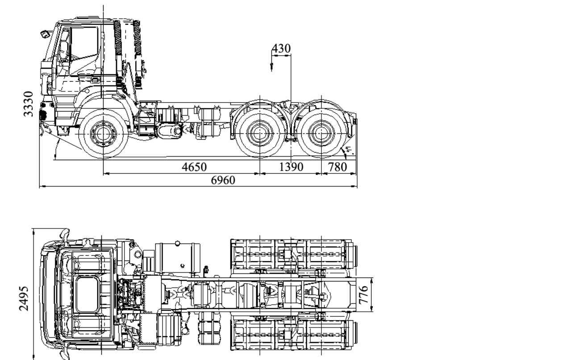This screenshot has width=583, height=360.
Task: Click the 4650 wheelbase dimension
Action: (x=194, y=167)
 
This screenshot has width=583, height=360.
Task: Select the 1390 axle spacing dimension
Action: (x=291, y=167)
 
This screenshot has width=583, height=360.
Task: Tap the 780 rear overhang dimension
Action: (x=337, y=167)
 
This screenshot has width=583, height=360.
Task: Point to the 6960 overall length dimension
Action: (x=223, y=180)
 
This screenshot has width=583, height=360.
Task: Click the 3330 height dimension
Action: (x=29, y=103)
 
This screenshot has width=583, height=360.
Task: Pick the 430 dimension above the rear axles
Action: (x=281, y=49)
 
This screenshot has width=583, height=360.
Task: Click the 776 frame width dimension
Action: (x=364, y=294)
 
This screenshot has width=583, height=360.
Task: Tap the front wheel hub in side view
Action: (x=103, y=133)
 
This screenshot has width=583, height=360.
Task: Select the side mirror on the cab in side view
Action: (x=45, y=33)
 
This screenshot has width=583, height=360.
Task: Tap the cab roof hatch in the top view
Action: (x=87, y=294)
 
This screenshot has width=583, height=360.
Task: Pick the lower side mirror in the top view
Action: (x=66, y=352)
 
